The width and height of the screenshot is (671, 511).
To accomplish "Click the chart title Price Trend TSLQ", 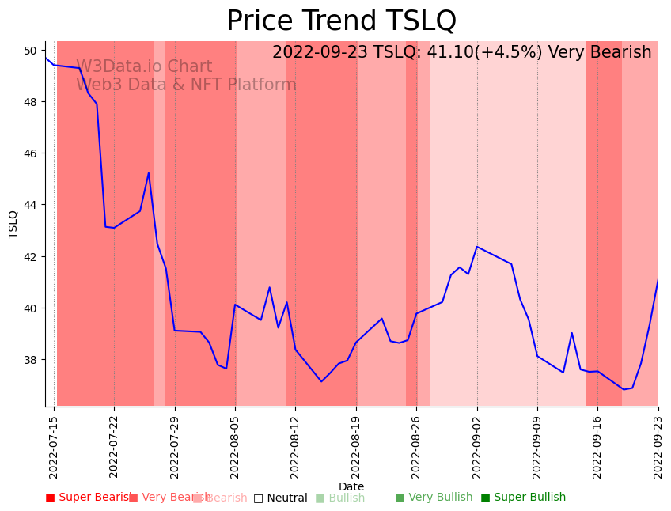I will (341, 21).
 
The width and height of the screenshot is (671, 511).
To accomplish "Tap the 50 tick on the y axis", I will (31, 51).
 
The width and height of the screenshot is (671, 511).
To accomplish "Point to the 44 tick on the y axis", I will (31, 205).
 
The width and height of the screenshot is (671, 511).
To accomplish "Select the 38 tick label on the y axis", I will (31, 360).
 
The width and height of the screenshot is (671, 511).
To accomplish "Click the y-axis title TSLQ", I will (13, 224).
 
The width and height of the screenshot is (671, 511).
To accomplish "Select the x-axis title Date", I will (351, 487).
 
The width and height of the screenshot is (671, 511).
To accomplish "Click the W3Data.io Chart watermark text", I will (144, 67).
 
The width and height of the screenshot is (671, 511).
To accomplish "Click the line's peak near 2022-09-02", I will (477, 247).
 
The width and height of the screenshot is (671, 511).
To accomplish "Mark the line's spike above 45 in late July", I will (149, 173).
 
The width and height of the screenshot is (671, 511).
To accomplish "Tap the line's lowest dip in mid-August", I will (321, 381).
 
